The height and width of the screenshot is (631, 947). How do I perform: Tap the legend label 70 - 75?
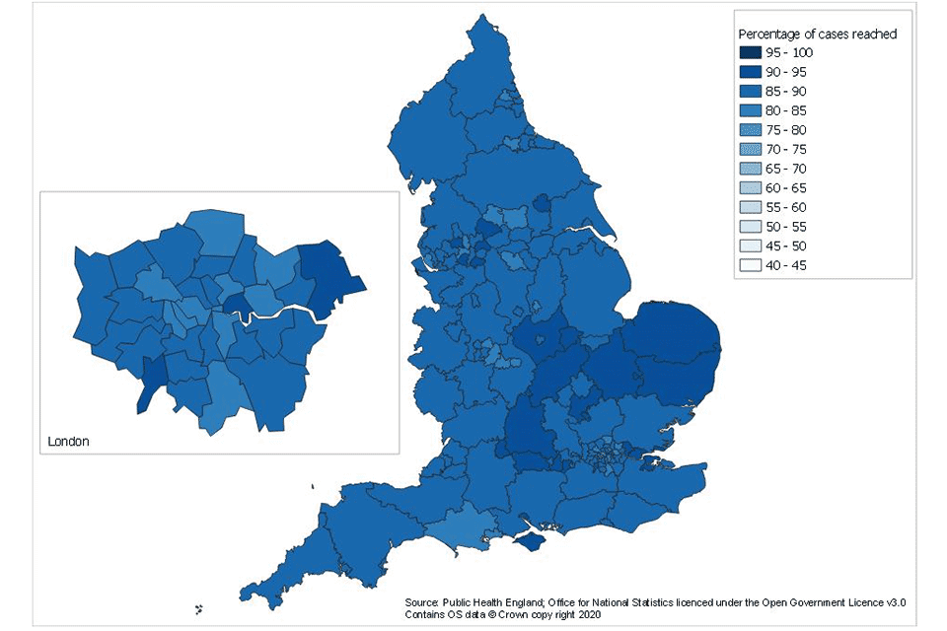786,150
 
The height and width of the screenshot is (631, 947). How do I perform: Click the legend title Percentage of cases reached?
818,34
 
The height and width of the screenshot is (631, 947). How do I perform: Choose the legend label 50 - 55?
786,227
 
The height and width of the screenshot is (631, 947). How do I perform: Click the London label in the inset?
68,441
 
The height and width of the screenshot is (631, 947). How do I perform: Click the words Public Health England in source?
492,601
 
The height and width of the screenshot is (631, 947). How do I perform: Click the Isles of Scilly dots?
198,608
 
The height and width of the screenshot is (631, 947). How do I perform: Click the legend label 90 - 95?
786,72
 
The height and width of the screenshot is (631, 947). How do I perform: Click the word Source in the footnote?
422,601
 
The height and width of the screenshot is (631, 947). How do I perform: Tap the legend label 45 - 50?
786,246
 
